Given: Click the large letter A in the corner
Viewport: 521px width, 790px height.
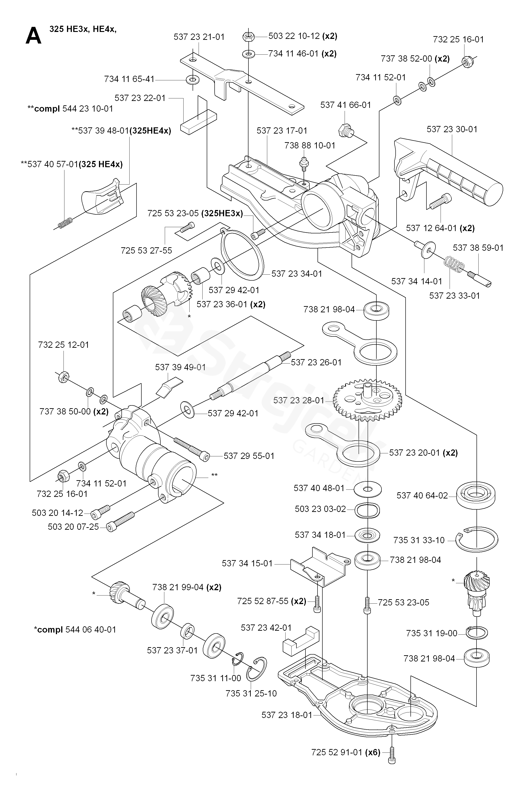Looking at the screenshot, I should (34, 36).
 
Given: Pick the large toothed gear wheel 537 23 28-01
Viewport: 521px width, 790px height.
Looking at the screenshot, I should (368, 400).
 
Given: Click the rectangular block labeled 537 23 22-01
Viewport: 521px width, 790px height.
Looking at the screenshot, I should (198, 122).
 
